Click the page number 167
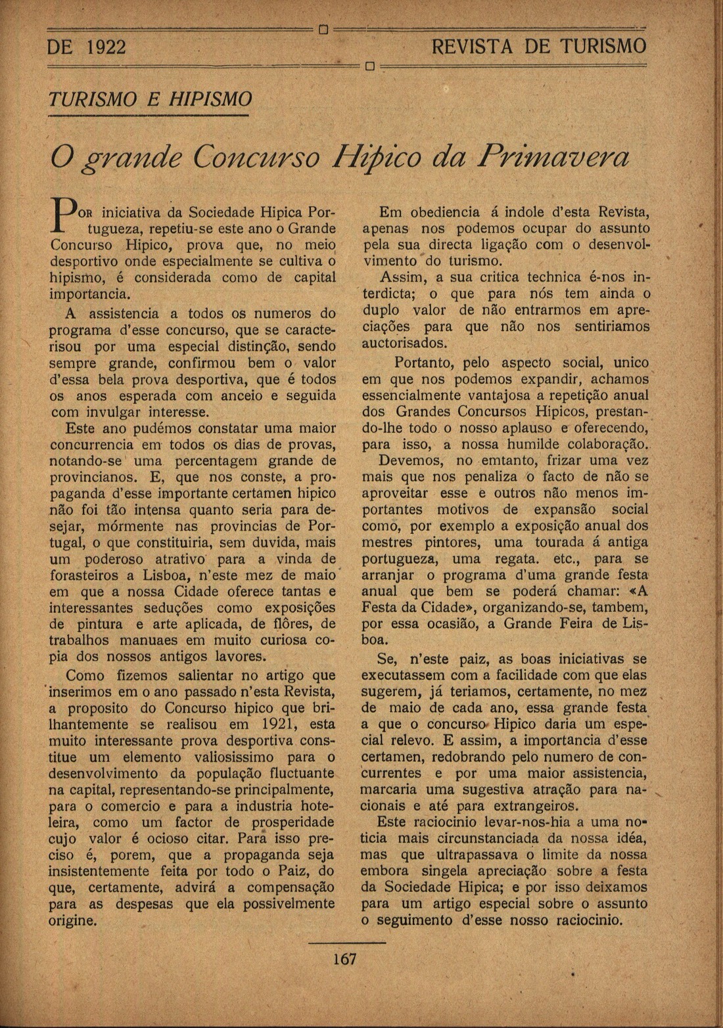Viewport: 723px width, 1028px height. pos(344,958)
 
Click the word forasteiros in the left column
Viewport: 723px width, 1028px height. pos(85,575)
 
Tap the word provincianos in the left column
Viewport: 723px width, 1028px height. pos(93,476)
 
